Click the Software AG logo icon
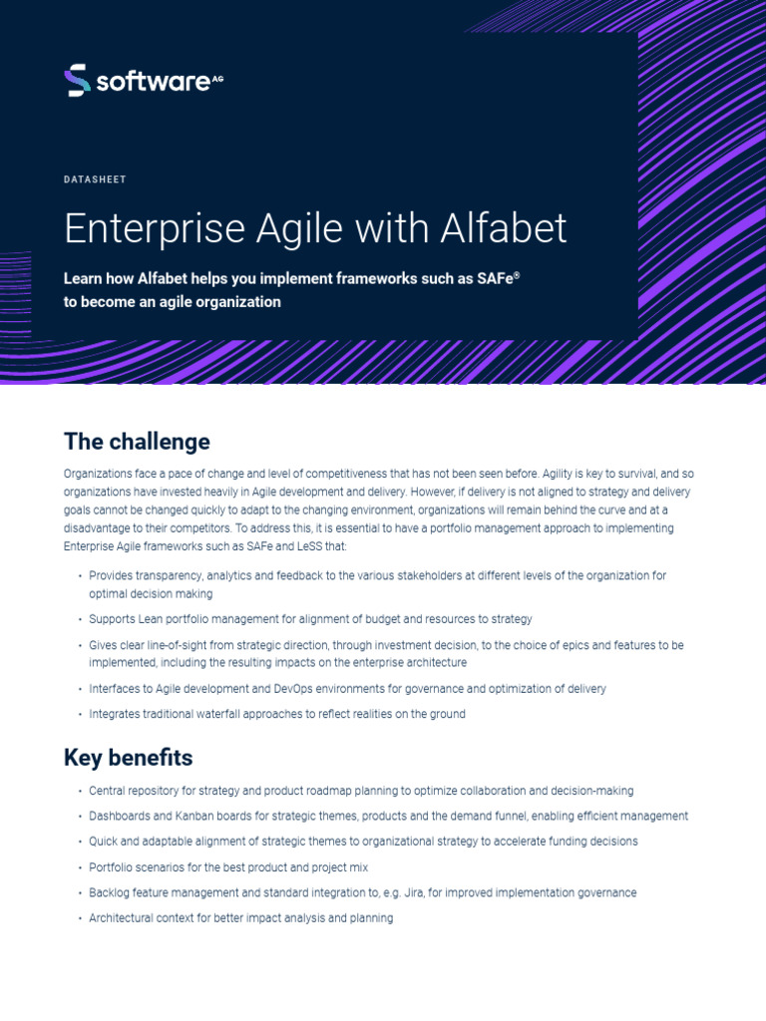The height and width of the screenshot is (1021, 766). [77, 81]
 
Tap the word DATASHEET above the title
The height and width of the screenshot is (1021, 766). [95, 179]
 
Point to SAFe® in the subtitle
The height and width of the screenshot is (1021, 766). [501, 279]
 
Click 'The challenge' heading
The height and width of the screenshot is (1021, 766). [137, 442]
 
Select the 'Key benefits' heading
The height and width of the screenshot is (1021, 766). [128, 758]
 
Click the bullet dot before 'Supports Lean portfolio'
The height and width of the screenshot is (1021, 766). [79, 620]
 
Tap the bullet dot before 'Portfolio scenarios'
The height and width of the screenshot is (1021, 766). [79, 867]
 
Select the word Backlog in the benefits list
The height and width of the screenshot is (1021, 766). [109, 892]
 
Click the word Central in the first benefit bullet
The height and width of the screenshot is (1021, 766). [107, 791]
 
